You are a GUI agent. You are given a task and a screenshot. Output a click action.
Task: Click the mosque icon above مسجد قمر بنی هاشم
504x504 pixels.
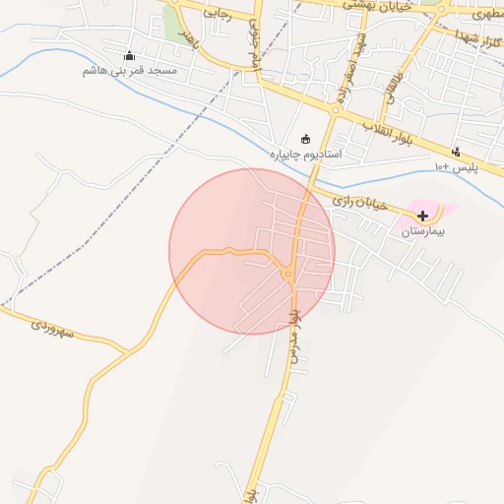point(129,56)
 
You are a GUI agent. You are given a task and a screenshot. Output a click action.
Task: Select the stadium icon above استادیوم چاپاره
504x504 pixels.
point(305,139)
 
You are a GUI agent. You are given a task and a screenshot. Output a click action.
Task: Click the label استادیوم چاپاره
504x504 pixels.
point(305,155)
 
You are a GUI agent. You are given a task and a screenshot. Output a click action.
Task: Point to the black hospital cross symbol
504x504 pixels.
point(422,215)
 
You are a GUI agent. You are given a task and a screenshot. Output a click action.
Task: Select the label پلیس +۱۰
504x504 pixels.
point(457,166)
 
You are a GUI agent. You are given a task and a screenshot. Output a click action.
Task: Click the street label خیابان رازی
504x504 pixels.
point(355,201)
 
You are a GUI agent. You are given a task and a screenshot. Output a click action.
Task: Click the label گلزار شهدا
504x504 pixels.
point(478,39)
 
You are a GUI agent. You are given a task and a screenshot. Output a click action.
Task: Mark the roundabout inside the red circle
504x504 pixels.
point(289,275)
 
